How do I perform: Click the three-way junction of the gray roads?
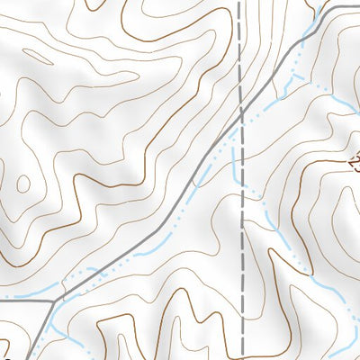click(61, 296)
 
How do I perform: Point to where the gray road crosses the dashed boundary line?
click(241, 112)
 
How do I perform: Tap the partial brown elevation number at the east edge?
click(354, 162)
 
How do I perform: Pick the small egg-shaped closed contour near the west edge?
click(22, 184)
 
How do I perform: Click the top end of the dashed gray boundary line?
click(239, 2)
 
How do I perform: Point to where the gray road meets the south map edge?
click(33, 358)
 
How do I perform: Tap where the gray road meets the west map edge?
click(2, 297)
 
